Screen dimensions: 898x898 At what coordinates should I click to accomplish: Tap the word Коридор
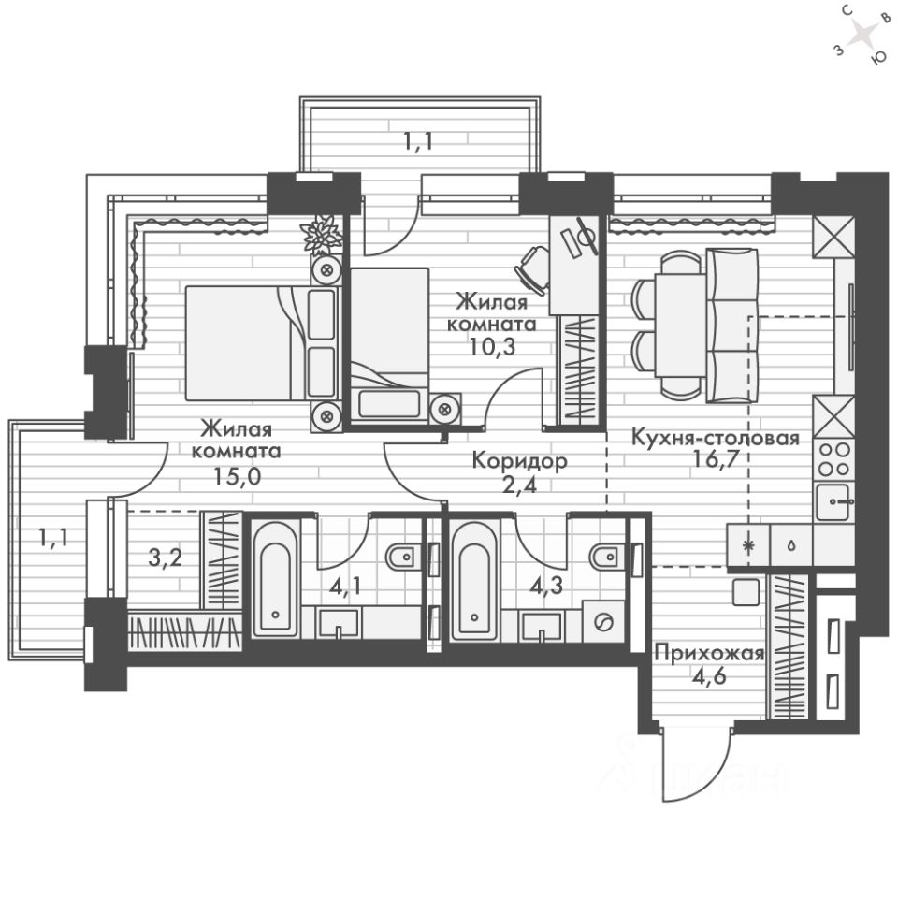point(519,460)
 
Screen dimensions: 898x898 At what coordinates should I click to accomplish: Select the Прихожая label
point(710,654)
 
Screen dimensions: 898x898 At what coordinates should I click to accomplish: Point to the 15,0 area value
point(237,476)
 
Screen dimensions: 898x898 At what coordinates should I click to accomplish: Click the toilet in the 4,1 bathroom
point(403,556)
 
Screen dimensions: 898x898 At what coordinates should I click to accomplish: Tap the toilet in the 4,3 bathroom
point(605,556)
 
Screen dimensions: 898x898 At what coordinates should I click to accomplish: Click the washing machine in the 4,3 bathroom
point(603,621)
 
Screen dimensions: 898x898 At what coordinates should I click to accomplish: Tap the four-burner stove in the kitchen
point(833,459)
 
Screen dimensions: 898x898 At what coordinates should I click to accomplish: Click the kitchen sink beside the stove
point(834,501)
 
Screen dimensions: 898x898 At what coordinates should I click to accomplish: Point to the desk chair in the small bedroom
point(531,269)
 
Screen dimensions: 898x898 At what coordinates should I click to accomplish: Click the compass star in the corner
point(862,36)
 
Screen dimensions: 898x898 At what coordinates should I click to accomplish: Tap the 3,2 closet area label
point(165,558)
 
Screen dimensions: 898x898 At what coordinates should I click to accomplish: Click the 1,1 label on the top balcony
point(417,140)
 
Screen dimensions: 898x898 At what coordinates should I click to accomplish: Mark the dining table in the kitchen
point(680,326)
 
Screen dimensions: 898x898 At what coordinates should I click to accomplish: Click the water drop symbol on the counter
point(791,545)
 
